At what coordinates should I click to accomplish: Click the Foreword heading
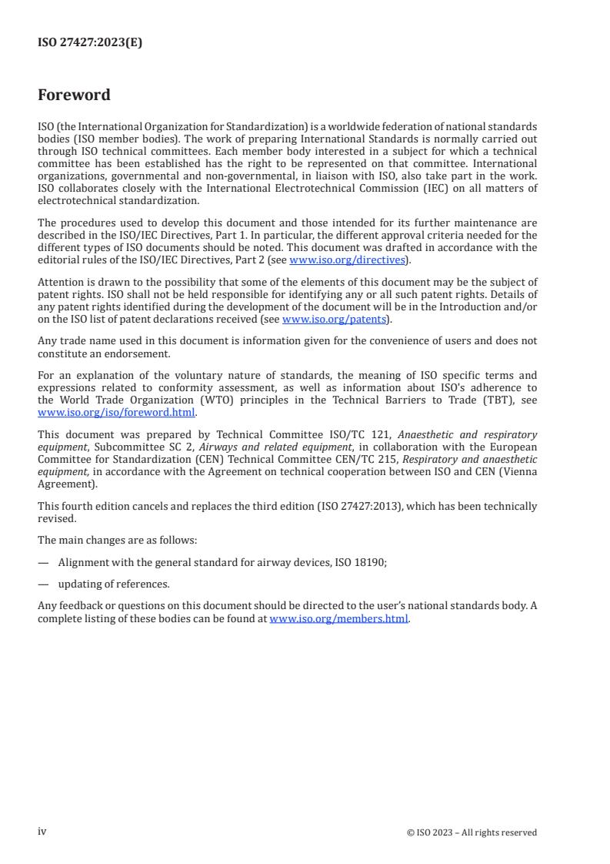tap(74, 95)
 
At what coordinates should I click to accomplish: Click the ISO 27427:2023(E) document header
tap(90, 43)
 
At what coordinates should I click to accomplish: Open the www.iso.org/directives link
tap(347, 260)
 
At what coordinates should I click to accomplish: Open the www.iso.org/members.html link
tap(338, 619)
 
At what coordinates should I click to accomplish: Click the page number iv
tap(42, 832)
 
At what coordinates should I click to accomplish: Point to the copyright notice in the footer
tap(472, 832)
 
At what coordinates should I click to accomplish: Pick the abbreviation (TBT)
tap(488, 400)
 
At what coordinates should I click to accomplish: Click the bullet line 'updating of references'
tap(114, 584)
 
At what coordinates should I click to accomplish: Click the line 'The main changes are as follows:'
tap(116, 541)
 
